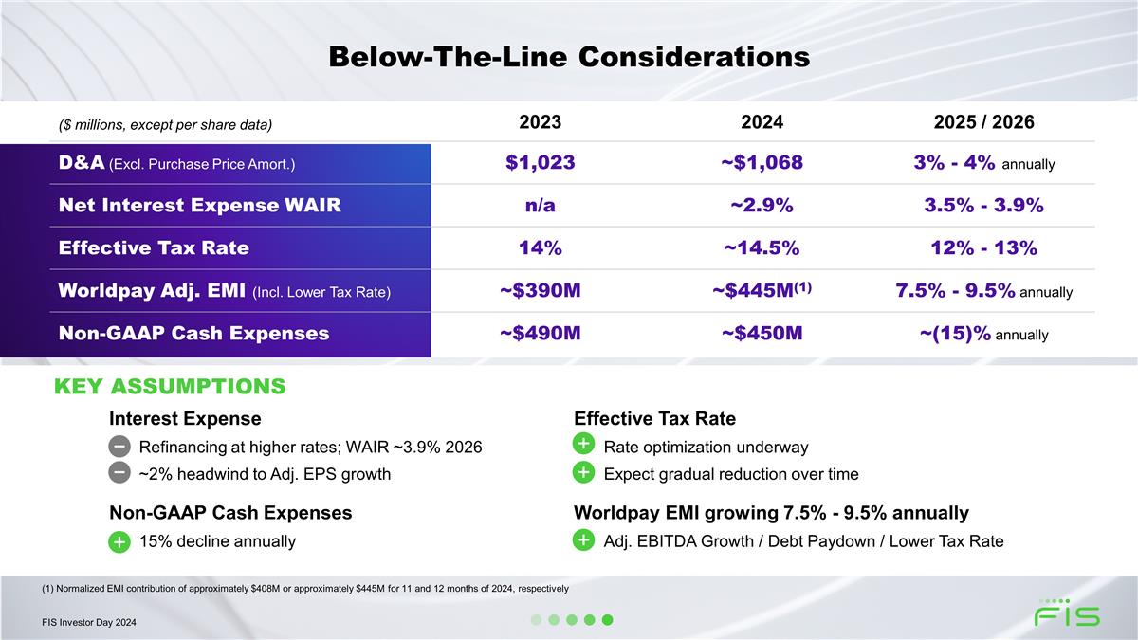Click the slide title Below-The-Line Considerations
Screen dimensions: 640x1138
[x=569, y=57]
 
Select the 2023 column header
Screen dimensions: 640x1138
[x=541, y=122]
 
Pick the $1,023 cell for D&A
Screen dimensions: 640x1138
[x=541, y=162]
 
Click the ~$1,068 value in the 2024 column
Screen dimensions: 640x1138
[x=762, y=162]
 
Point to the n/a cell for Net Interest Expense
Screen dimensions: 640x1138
[x=541, y=205]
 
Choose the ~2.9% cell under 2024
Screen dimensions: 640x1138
[x=762, y=205]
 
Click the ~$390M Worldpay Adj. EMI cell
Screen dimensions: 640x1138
[x=541, y=291]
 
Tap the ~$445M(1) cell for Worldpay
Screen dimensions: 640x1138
[x=762, y=290]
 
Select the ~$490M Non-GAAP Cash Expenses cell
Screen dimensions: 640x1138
[x=541, y=334]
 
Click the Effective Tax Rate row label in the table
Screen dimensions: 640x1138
[x=154, y=248]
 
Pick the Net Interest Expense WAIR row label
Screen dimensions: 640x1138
[x=199, y=205]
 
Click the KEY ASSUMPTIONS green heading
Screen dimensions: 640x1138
[x=170, y=387]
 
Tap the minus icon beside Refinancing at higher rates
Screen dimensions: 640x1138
[x=119, y=446]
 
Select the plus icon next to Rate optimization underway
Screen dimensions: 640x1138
[x=583, y=445]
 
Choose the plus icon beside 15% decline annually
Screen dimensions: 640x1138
[x=119, y=541]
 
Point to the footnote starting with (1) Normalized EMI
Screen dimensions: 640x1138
[x=305, y=589]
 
